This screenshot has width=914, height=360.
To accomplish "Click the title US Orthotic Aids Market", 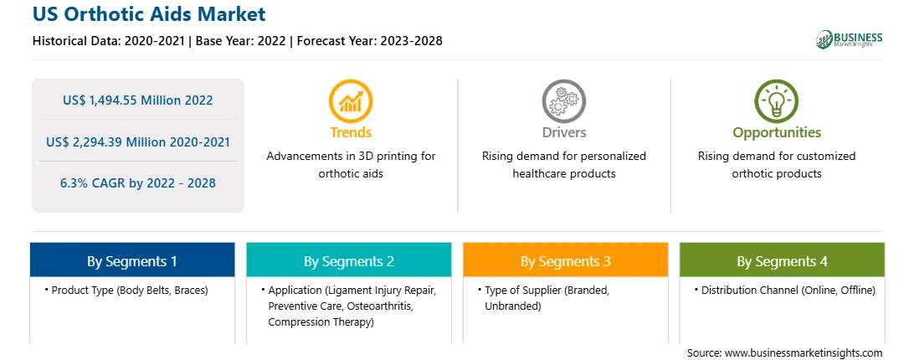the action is tap(149, 13).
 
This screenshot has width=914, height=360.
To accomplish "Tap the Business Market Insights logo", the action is tap(850, 39).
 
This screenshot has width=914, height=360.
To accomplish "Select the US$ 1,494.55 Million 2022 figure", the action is tap(137, 100).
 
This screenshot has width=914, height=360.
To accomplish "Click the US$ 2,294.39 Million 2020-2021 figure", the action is tap(137, 141).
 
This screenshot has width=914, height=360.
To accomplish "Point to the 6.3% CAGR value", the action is tap(137, 183).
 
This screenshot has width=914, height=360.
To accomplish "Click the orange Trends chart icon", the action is tap(351, 101).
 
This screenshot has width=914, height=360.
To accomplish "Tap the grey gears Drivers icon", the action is tap(563, 101).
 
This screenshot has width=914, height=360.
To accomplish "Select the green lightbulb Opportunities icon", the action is tap(777, 101).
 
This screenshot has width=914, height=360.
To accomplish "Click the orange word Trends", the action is tap(351, 132).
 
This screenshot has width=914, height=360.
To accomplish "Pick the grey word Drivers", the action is tap(563, 132).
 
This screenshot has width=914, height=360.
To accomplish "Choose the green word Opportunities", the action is tap(777, 133).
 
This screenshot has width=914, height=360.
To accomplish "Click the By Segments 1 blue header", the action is tap(132, 260).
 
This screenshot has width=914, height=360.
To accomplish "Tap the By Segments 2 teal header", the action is tap(348, 260).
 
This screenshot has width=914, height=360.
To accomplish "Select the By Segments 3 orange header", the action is tap(566, 260).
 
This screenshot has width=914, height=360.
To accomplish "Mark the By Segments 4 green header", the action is tap(783, 260).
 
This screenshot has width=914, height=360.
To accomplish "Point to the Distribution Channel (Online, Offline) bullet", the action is tap(784, 290).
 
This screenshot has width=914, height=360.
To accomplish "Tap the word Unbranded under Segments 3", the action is tap(513, 306).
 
